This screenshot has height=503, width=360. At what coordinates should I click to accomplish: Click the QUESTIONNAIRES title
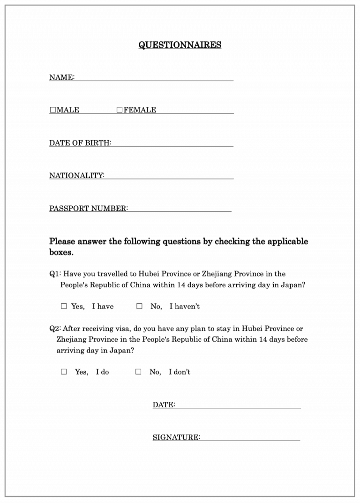pos(180,45)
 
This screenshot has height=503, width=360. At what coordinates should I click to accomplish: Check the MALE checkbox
pos(53,110)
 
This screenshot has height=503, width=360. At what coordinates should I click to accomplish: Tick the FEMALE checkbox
pos(120,110)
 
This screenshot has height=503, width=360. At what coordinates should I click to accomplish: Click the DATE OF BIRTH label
pos(80,143)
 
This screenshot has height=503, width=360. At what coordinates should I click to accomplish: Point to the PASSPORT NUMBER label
pos(89,209)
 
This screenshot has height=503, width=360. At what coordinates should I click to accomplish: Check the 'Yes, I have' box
pos(64,307)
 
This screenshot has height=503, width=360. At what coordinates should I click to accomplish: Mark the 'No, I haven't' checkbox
pos(139,307)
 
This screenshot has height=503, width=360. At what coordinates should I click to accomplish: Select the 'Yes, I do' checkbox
pos(64,372)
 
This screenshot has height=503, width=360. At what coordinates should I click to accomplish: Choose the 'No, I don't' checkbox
pos(138,372)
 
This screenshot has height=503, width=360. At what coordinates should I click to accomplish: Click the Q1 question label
pos(55,274)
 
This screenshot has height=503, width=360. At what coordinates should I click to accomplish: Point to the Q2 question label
pos(55,329)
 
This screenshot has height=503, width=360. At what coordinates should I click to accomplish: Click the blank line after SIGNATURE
pos(250,438)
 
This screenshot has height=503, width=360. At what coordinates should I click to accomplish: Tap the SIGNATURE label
pos(176,438)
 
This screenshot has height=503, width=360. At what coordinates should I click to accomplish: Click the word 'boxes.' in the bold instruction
pos(61,253)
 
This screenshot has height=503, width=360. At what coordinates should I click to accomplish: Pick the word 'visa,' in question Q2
pos(121,329)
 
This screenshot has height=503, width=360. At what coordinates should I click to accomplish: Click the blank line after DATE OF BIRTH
pos(172,143)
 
